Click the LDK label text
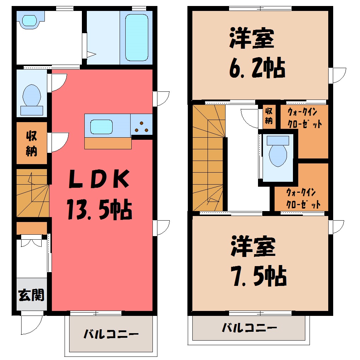[x=99, y=179]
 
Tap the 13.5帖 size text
[x=100, y=210]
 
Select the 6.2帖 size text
[x=257, y=68]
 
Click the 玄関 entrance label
[x=31, y=295]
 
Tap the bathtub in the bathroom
[x=136, y=38]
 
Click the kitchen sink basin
[x=101, y=127]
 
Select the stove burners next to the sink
[x=142, y=127]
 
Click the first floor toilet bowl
[x=32, y=96]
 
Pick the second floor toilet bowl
[x=278, y=155]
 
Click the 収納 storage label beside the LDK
[x=31, y=143]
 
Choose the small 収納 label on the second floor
[x=269, y=116]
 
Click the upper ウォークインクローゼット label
[x=304, y=118]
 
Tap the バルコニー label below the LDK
[x=111, y=334]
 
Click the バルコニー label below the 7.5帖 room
[x=250, y=328]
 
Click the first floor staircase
[x=32, y=193]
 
